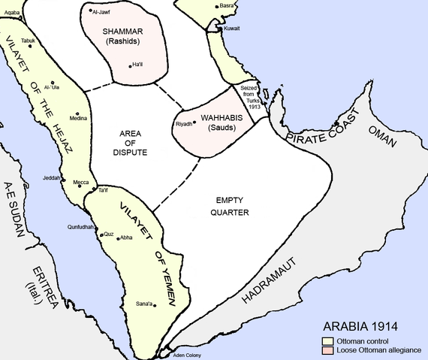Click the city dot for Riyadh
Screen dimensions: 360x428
195,122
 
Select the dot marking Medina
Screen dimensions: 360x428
77,113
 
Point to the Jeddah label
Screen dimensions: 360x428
51,179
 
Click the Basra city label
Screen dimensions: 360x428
227,6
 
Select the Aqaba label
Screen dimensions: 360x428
11,13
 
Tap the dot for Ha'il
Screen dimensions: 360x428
130,65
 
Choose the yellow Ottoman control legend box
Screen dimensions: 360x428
318,340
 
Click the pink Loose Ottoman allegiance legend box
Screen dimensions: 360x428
318,349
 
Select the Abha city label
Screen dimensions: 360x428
126,237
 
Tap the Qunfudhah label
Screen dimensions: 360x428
80,226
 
